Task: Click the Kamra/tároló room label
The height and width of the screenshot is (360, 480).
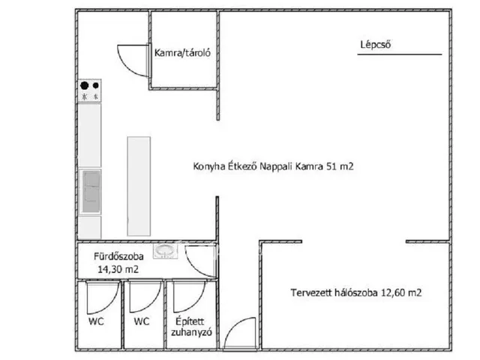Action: click(182, 53)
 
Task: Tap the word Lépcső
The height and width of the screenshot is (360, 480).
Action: click(375, 45)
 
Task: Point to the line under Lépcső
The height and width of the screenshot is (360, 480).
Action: click(400, 55)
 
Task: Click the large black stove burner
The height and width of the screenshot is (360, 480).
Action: click(85, 85)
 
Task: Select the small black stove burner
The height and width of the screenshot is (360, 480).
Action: click(96, 85)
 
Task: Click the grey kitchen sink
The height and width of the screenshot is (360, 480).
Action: click(91, 192)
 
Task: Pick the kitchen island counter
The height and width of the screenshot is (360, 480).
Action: click(139, 186)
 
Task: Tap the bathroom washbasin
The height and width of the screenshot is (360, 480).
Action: click(165, 251)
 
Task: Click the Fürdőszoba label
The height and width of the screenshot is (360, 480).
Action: click(118, 256)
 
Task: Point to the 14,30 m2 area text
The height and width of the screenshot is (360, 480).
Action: click(118, 269)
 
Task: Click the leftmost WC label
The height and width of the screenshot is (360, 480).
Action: click(96, 322)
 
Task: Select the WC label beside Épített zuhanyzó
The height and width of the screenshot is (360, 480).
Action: click(142, 322)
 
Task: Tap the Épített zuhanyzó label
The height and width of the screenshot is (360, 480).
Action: click(191, 327)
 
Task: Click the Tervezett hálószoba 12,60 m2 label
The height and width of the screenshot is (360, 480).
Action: click(356, 292)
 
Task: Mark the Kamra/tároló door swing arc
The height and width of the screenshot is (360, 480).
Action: click(127, 66)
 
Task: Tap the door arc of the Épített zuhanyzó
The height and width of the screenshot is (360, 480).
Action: click(196, 304)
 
